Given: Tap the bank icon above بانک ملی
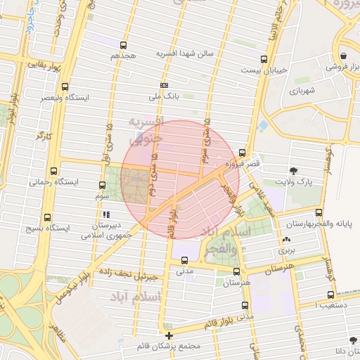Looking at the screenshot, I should coord(164,84).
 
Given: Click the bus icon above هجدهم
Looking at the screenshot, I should coord(124,45).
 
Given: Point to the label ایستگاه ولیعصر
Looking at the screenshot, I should coord(84,98).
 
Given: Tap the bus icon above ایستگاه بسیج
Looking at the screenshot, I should coord(47,218).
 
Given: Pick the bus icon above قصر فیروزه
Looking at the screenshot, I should coord(242,152).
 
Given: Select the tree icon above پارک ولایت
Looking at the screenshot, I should coord(293,171).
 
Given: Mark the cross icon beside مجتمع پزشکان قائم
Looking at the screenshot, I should coord(169,335).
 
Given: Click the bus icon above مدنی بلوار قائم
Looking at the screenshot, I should coord(245,306).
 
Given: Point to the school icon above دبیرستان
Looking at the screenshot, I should coord(105,214).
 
